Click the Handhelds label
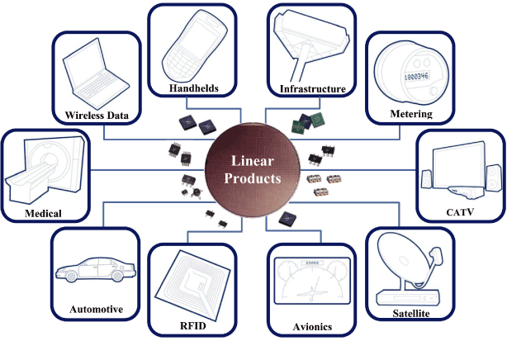tap(193, 88)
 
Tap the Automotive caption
tap(96, 310)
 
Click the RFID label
tap(192, 327)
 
